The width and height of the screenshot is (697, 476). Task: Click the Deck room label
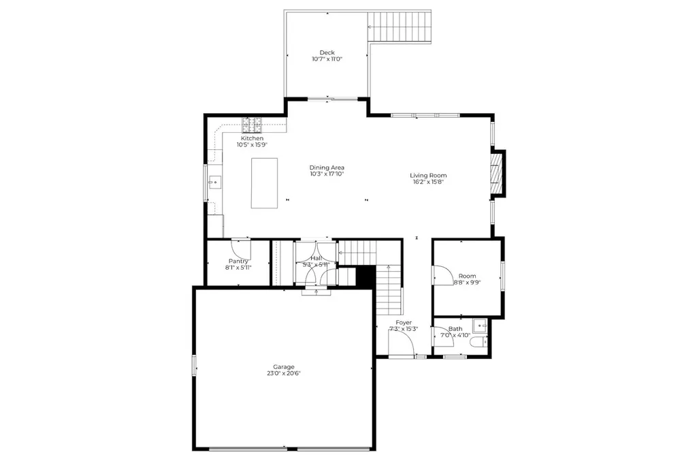pos(327,52)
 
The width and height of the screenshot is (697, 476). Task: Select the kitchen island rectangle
pos(264,183)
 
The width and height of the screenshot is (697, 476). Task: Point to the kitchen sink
pos(215,181)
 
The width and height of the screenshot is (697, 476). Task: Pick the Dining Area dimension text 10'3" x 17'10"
pos(327,174)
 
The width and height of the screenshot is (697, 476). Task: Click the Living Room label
pos(428,175)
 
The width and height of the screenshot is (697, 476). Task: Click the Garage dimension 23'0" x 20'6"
pos(284,373)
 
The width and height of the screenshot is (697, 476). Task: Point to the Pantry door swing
pos(241,249)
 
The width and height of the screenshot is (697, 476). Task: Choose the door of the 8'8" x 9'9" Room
pos(441,275)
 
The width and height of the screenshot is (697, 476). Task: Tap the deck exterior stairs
pos(399,27)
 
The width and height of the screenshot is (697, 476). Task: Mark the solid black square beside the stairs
pos(366,276)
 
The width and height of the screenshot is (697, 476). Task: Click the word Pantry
pos(238,261)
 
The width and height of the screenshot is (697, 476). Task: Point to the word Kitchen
pos(252,138)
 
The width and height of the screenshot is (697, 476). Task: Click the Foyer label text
pos(404,322)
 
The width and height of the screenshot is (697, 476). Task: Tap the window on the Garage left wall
pos(194,365)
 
